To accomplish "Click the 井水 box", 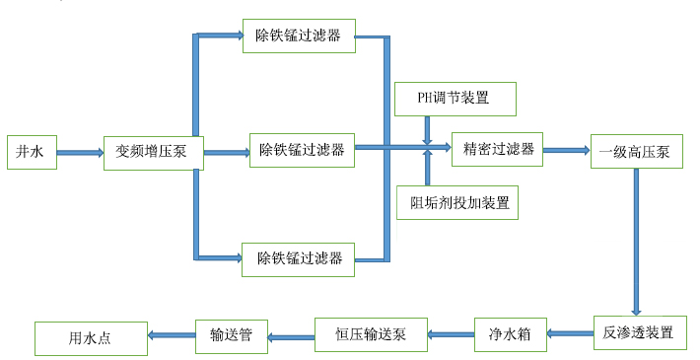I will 31,152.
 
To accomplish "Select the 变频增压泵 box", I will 153,152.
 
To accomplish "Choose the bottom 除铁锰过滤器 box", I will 300,258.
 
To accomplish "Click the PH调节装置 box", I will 455,98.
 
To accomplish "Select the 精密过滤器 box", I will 498,149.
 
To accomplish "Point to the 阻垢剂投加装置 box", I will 458,202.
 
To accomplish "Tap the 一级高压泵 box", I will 635,152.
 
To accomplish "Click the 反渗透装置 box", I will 639,332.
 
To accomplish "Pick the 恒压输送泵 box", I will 370,334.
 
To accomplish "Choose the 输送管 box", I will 232,334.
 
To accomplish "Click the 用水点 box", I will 91,337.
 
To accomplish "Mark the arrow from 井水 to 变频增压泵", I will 79,153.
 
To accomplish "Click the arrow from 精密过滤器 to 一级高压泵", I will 566,151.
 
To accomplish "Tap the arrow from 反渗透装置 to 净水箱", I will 570,334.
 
